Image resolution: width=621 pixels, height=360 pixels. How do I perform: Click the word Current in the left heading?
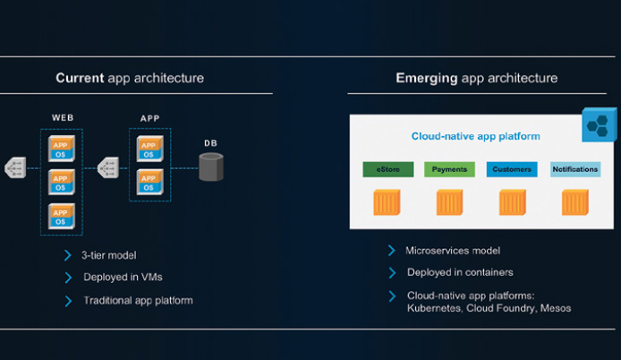point(80,78)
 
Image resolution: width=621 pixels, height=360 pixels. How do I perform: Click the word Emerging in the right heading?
point(427,78)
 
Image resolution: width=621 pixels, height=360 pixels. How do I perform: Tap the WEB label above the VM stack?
point(62,117)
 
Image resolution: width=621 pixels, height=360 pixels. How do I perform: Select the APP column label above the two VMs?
point(149,118)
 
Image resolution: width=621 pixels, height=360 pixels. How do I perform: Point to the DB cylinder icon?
point(210,167)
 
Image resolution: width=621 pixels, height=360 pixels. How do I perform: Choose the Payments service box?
point(449,169)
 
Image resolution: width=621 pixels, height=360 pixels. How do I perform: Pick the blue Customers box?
point(512,169)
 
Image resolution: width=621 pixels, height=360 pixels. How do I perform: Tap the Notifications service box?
point(575,169)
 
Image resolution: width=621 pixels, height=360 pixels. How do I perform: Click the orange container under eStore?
point(387,202)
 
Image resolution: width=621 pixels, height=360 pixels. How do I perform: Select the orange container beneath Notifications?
point(575,202)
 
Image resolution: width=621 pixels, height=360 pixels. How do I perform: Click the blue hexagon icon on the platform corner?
point(599,125)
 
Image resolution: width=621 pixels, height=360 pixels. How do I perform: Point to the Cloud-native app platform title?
point(475,136)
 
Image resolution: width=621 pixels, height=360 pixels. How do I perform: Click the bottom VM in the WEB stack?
point(62,216)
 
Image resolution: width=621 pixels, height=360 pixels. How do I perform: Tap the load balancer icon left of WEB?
point(15,167)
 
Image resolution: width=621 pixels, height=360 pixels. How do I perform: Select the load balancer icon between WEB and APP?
point(108,167)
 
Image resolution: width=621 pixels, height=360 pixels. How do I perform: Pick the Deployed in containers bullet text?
point(460,272)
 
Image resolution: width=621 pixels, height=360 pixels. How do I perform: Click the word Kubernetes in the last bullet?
point(436,308)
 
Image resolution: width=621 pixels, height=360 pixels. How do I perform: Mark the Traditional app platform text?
point(138,300)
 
